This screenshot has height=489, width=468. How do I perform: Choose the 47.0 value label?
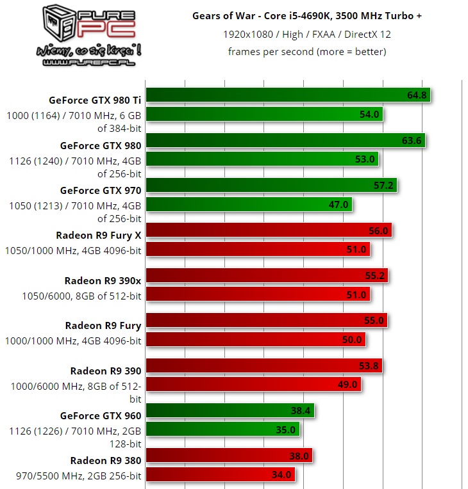point(338,204)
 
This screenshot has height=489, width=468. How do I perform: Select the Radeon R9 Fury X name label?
point(99,234)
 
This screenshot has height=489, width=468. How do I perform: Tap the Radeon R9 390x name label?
point(103,280)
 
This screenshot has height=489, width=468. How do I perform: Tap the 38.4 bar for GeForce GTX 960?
point(231,410)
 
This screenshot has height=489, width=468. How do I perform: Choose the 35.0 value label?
point(286,429)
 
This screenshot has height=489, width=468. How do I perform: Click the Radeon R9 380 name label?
point(105,460)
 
